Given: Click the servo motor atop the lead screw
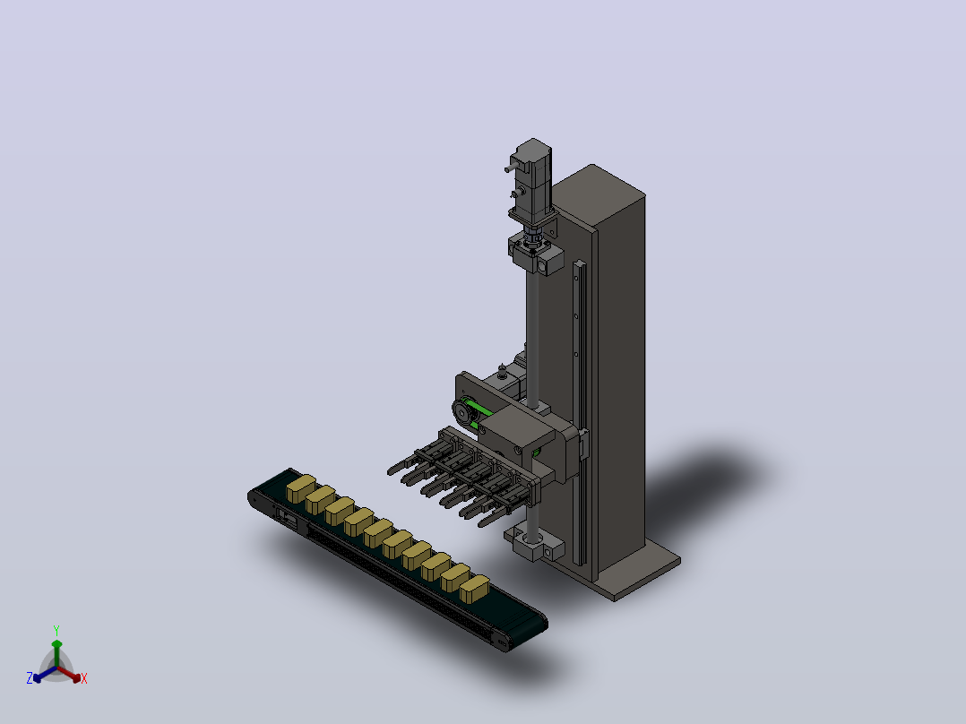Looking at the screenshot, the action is tap(531, 181).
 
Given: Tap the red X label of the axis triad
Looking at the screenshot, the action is tap(84, 678).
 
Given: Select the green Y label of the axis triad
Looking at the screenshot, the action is tap(56, 630).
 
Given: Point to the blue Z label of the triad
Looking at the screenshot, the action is tap(30, 677).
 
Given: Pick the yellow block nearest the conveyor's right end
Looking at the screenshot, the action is tap(474, 589).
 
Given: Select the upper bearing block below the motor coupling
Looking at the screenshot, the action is tap(536, 256).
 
